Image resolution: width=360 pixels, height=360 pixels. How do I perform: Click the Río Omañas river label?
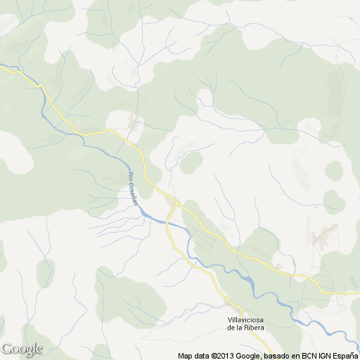pyautogui.click(x=132, y=188)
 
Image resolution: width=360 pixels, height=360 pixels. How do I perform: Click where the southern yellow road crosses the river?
pyautogui.click(x=169, y=224)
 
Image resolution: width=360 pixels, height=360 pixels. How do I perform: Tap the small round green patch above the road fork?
pyautogui.click(x=191, y=162)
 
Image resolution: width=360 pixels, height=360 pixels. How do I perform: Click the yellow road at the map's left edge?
pyautogui.click(x=3, y=67)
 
